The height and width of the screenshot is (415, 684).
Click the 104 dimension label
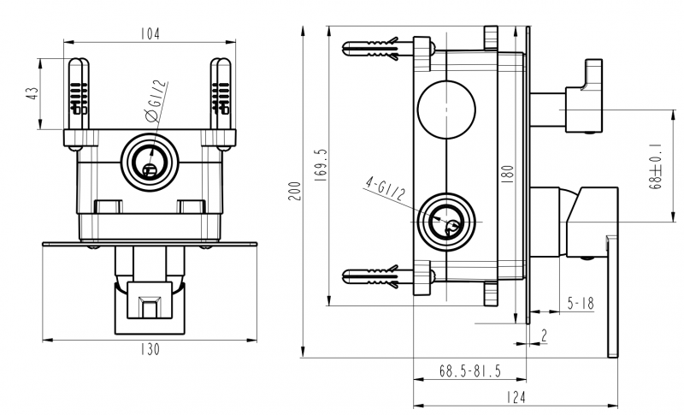(150, 34)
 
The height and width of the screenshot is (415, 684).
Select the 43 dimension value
(32, 93)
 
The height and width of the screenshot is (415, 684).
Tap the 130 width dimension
(150, 350)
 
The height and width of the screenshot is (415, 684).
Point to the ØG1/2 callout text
(156, 101)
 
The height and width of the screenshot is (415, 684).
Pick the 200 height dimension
(295, 191)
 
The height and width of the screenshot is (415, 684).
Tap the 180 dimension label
(508, 174)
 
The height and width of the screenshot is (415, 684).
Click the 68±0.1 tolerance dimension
(655, 167)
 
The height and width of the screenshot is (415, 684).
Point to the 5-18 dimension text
(581, 303)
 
